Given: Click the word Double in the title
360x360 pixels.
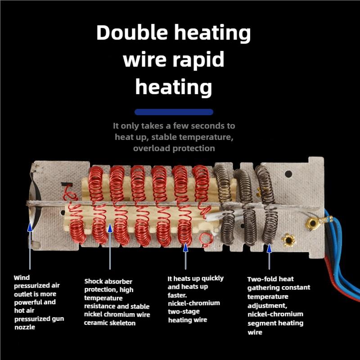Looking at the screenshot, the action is coord(132,32).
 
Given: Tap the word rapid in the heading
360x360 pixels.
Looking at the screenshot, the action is coord(198,59).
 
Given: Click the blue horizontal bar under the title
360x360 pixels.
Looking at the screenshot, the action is coord(174,112).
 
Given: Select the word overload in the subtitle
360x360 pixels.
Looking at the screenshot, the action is coord(152,148).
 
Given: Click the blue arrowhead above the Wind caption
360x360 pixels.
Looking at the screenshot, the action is coord(30,227).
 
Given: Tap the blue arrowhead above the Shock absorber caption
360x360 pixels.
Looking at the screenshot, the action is coord(110,228).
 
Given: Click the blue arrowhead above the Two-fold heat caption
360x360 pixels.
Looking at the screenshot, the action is coord(269,248).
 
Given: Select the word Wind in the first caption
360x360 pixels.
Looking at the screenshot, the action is coord(22,278).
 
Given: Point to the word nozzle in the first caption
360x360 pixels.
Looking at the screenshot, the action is coord(25,327).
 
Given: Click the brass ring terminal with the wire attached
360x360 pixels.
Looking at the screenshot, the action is coord(312,223).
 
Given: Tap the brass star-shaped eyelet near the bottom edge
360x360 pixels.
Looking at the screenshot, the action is coord(288,240).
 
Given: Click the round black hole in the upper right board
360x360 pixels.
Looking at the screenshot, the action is coord(288,174).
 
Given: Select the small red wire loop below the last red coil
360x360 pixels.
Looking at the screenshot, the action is coord(206,239).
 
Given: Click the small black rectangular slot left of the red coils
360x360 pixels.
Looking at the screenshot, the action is coord(67,184).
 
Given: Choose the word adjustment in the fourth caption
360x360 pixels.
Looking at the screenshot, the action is coord(267,306).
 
